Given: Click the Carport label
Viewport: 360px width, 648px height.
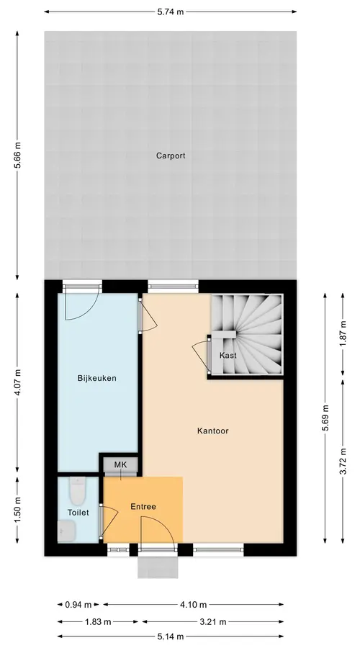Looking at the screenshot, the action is tap(171, 156).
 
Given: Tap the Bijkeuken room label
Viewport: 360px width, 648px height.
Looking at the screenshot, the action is tap(96, 378).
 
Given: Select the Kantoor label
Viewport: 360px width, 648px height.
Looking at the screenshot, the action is tap(213, 431).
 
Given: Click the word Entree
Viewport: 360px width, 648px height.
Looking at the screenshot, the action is tap(143, 506).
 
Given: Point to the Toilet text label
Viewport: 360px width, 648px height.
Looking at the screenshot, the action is tap(78, 513).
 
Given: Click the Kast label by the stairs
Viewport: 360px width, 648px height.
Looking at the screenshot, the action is tap(228, 355).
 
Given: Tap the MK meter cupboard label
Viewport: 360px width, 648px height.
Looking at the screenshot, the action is tap(120, 465).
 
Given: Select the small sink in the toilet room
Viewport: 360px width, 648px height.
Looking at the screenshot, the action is tap(66, 531).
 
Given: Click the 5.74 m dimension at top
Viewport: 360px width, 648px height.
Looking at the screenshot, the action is tap(171, 12).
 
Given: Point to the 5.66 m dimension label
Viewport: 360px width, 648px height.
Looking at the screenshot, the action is tap(17, 156).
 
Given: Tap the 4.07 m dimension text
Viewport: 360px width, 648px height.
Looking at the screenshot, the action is tap(17, 383).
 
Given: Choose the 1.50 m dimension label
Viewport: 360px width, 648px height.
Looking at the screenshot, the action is tap(17, 510).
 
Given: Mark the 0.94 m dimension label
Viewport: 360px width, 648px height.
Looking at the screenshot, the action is tap(78, 605).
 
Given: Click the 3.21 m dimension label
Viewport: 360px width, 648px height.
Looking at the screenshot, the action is tap(212, 621).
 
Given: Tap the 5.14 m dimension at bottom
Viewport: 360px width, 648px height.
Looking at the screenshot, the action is tap(171, 636).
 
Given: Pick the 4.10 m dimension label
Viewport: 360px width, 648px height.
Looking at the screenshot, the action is tap(193, 605).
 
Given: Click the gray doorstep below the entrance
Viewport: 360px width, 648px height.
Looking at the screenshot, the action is tap(158, 567).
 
